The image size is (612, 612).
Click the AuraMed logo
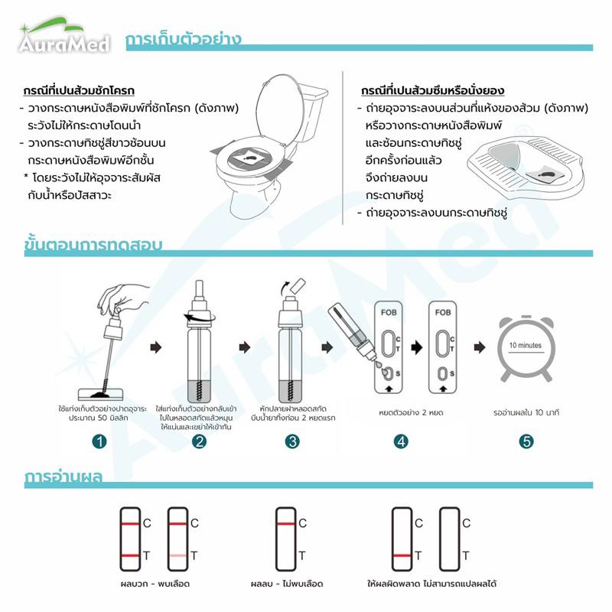(64, 36)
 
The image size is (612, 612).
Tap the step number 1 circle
(99, 442)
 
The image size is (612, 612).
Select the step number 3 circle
(292, 442)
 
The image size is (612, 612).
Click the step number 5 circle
(526, 442)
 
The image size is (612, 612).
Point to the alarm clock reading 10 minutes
(526, 348)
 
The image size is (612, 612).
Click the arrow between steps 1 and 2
(156, 347)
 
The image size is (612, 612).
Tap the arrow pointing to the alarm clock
(480, 347)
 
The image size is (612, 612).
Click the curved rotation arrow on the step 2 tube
(199, 318)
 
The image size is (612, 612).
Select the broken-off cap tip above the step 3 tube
(298, 286)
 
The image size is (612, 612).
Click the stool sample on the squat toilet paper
(548, 174)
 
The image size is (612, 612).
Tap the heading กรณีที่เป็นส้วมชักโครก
(79, 90)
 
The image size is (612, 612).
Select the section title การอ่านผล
(63, 477)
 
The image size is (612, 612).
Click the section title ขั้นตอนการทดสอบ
(93, 244)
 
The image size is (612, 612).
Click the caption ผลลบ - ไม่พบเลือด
(287, 584)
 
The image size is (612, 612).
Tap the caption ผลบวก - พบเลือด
(155, 584)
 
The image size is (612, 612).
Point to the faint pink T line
(178, 555)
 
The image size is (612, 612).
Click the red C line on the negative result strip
(285, 523)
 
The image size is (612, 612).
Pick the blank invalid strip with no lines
(450, 539)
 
